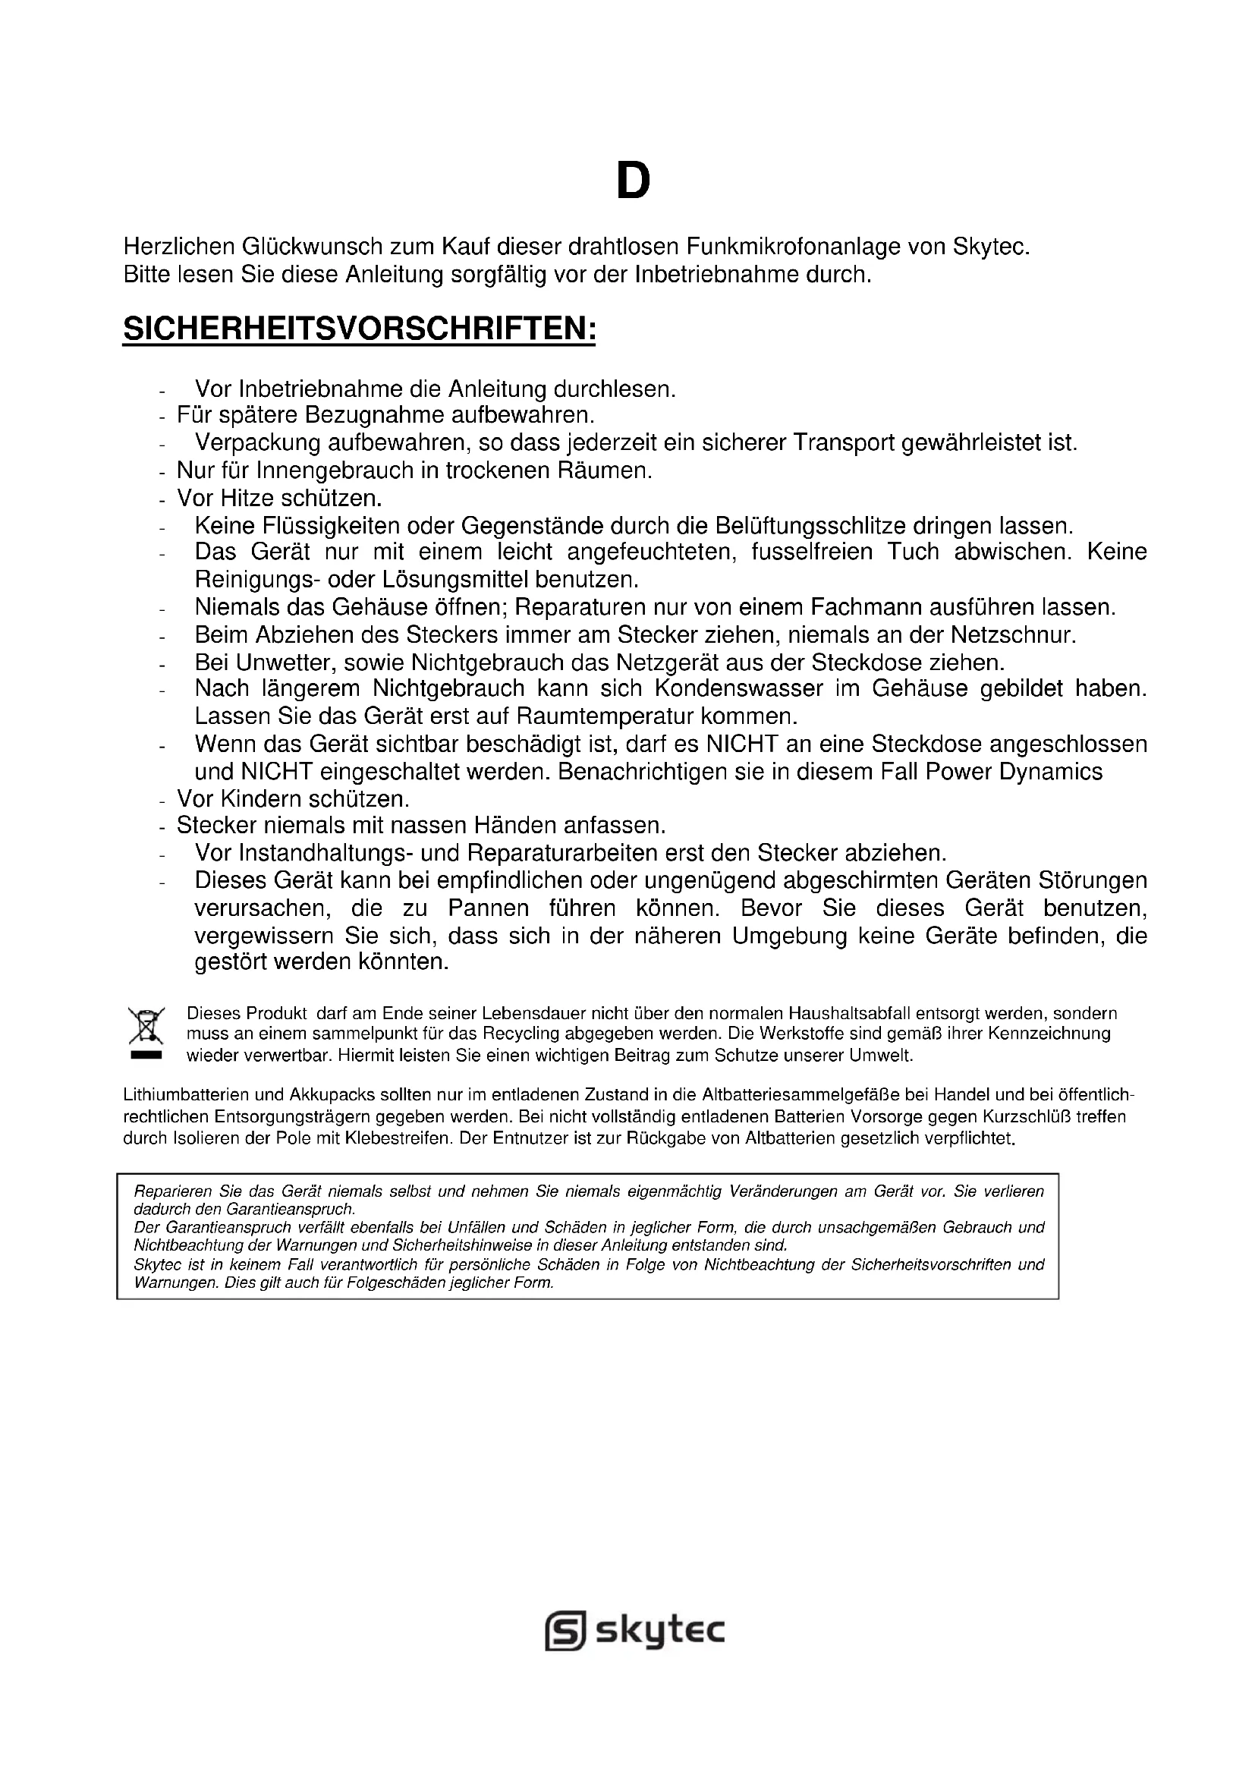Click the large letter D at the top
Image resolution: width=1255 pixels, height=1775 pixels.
(633, 181)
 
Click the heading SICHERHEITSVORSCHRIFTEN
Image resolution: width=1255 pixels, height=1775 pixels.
(360, 330)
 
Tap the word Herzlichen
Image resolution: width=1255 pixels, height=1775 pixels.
(178, 247)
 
